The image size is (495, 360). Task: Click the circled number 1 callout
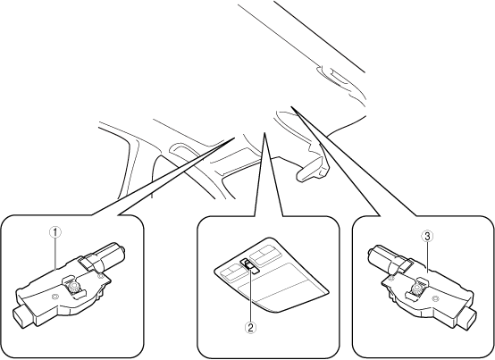pos(55,232)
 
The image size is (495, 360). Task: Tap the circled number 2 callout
pos(250,328)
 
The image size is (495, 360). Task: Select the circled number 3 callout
pos(427,236)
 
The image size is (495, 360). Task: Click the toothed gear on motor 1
pos(74,287)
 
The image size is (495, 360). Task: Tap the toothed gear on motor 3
pos(417,288)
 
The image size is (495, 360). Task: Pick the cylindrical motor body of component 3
pos(387,257)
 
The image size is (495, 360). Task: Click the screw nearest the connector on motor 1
pos(55,297)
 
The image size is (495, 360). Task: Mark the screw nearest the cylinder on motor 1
pos(100,276)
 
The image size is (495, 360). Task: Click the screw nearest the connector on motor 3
pos(435,298)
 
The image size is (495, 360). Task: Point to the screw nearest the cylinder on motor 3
pos(391,278)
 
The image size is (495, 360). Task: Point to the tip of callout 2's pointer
pos(264,132)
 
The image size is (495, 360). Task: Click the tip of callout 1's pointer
pos(234,138)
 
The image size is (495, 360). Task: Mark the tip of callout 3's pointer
pos(291,106)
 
